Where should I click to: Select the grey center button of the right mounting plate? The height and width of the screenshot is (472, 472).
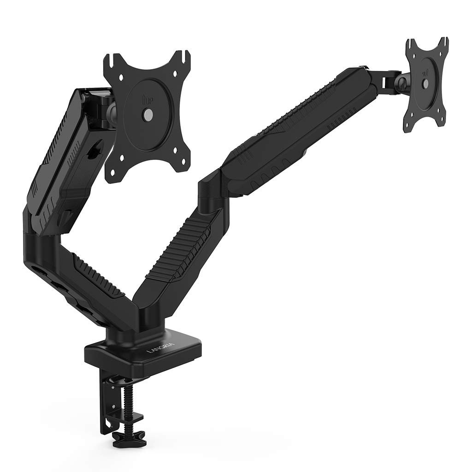click(425, 83)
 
